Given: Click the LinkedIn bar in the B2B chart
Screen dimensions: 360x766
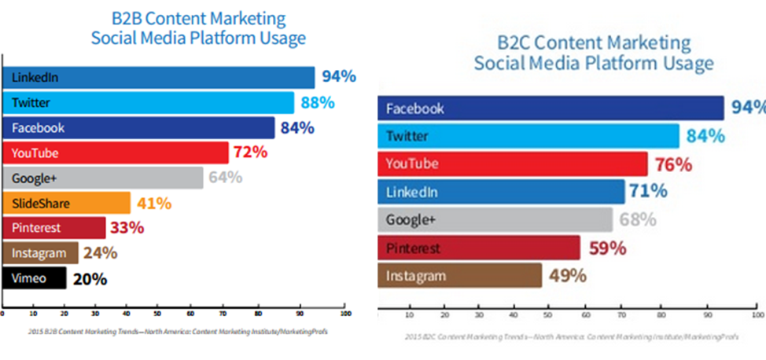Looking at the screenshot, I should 157,77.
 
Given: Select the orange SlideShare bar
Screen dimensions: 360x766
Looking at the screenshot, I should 67,203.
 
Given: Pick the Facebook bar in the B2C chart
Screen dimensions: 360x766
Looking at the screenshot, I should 551,108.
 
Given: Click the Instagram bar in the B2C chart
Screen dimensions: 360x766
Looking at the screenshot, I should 460,276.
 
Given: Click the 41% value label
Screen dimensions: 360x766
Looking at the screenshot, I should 154,204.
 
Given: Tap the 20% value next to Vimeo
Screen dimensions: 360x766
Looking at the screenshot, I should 90,278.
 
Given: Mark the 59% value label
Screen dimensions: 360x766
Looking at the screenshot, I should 607,248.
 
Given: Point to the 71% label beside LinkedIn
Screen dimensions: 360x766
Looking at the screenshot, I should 648,191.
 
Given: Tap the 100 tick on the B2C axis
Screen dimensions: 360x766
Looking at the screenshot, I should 757,315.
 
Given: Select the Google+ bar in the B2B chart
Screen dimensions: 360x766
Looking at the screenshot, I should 102,178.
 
